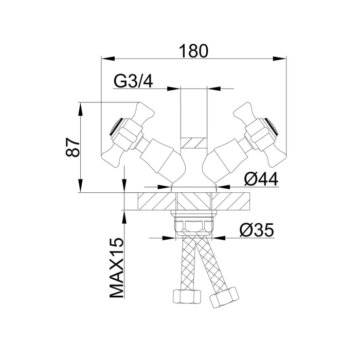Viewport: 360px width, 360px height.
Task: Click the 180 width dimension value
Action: [193, 51]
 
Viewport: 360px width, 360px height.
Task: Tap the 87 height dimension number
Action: [73, 147]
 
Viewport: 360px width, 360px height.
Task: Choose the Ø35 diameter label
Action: [257, 230]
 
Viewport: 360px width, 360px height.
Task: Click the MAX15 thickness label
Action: [116, 268]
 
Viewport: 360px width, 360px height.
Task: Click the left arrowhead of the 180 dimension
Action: [108, 59]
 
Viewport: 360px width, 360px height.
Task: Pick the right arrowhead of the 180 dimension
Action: [279, 59]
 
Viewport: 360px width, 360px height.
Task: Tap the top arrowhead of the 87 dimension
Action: [80, 109]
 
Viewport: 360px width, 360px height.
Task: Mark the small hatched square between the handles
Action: [193, 143]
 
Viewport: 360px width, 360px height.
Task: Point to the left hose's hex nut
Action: [187, 297]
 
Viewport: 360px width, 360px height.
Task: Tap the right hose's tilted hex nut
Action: [224, 298]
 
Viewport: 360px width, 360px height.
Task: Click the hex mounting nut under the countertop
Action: [194, 226]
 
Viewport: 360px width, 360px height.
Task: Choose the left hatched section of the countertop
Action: [157, 202]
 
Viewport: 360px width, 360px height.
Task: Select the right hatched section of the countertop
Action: [230, 202]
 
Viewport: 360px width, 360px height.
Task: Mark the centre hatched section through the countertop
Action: [194, 202]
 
